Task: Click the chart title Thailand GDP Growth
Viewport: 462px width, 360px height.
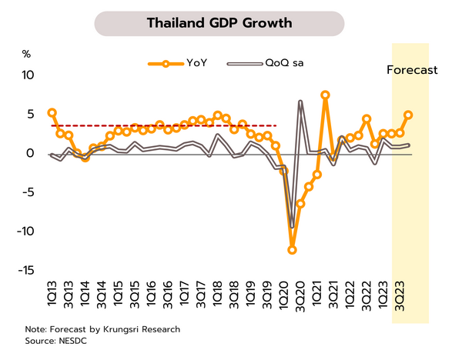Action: pyautogui.click(x=219, y=23)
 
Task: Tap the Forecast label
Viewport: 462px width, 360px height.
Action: pyautogui.click(x=411, y=70)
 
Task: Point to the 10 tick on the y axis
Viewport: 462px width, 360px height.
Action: pyautogui.click(x=28, y=75)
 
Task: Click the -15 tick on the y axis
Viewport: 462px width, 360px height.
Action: pyautogui.click(x=25, y=270)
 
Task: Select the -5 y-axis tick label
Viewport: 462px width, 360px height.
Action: pyautogui.click(x=28, y=192)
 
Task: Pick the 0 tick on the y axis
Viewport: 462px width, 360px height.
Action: pyautogui.click(x=31, y=153)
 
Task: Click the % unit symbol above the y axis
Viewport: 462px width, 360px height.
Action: pyautogui.click(x=25, y=54)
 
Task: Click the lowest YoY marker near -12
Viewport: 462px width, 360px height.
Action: pyautogui.click(x=293, y=250)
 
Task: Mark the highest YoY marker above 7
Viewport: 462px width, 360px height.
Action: pyautogui.click(x=326, y=95)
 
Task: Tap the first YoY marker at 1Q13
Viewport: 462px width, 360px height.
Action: pyautogui.click(x=52, y=113)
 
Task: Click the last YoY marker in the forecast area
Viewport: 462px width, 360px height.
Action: pyautogui.click(x=408, y=115)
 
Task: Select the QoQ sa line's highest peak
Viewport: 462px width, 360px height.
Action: pyautogui.click(x=300, y=102)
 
